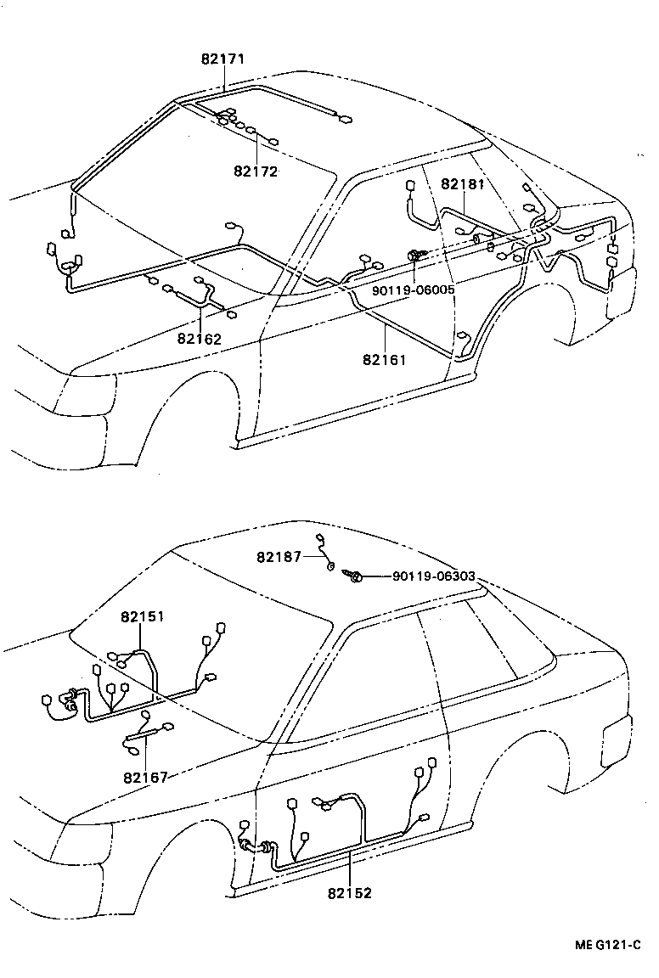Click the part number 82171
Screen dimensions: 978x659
(223, 60)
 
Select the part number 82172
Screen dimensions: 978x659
(256, 171)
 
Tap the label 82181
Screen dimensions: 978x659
(462, 183)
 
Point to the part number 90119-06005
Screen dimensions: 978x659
(414, 289)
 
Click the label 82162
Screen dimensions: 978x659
(200, 339)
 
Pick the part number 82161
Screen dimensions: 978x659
(385, 360)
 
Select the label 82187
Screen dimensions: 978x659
(279, 556)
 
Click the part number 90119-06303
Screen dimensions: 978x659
(433, 576)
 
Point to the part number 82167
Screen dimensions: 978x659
(145, 777)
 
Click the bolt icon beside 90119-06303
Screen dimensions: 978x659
(354, 576)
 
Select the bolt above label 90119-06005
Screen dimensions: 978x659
(416, 255)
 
